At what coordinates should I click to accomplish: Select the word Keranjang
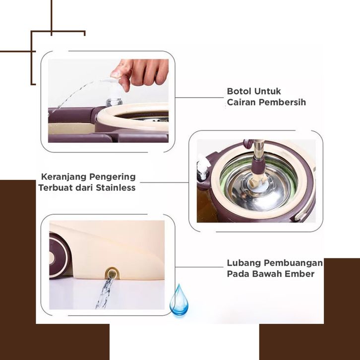63,177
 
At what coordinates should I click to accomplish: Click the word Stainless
116,187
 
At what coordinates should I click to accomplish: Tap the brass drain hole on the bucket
112,273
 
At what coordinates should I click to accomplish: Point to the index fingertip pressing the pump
116,74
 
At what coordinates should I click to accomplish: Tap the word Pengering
112,177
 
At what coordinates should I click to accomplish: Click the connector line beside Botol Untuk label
199,97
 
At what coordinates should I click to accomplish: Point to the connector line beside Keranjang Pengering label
165,182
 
